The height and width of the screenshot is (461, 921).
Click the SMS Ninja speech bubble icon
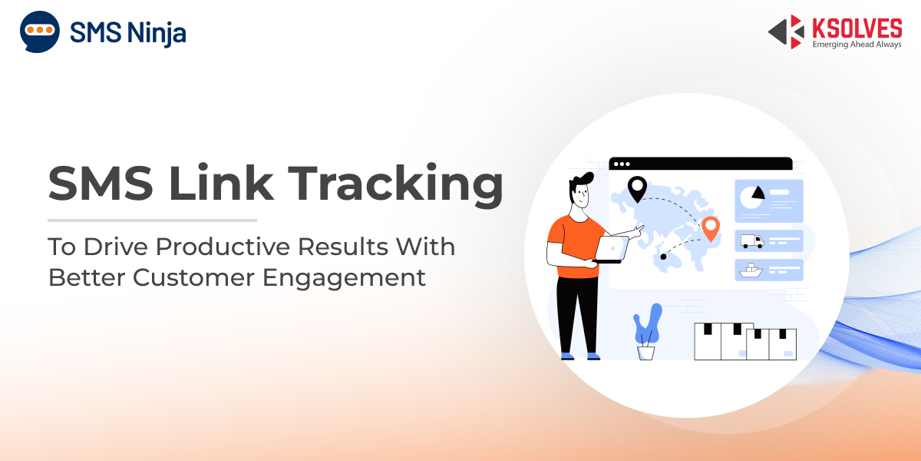[39, 32]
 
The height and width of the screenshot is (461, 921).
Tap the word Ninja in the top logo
[157, 33]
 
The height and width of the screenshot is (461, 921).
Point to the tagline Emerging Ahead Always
[857, 45]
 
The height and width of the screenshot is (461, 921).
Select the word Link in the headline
[221, 182]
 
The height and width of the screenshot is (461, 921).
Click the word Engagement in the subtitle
[344, 279]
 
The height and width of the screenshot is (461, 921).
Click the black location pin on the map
[637, 188]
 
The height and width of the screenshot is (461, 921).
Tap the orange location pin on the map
[711, 228]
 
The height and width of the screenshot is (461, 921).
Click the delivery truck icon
[752, 241]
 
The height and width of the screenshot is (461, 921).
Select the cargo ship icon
[751, 270]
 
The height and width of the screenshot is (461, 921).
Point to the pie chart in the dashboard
[752, 197]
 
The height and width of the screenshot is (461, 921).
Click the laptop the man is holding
[612, 250]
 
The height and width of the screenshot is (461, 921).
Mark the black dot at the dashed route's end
[663, 257]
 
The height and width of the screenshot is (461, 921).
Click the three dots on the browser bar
[622, 164]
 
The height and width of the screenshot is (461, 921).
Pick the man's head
[580, 191]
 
